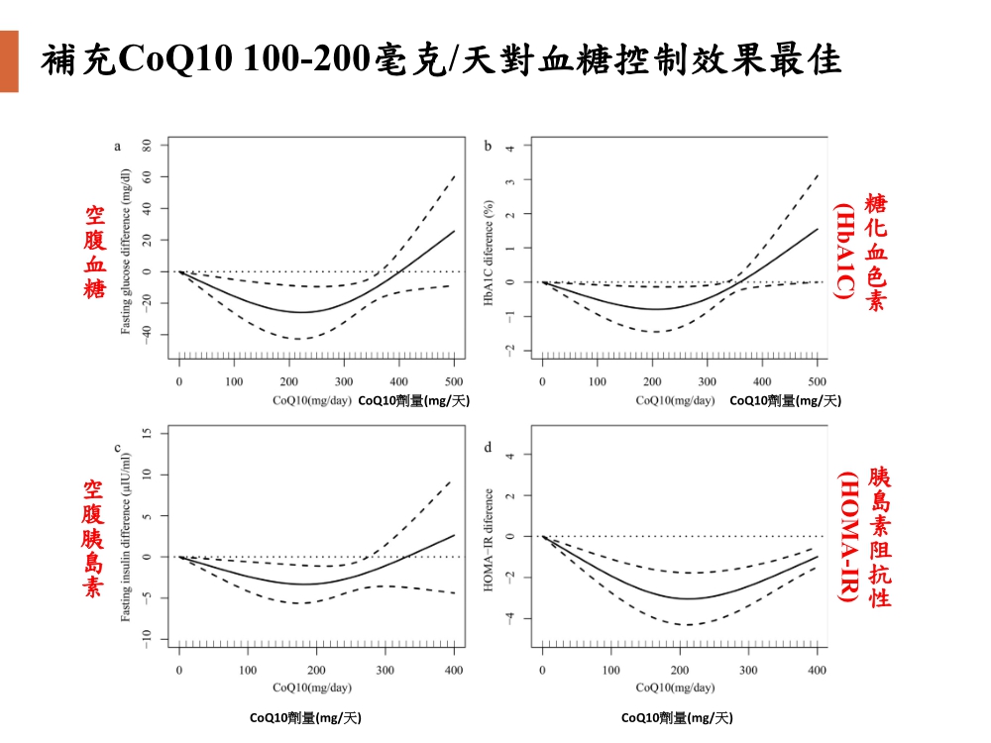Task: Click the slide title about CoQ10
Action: click(441, 61)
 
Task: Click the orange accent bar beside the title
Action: click(9, 61)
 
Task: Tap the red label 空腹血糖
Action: click(95, 252)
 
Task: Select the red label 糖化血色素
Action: click(876, 253)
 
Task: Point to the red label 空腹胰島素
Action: click(93, 538)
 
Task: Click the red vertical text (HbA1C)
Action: click(844, 253)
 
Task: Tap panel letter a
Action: click(118, 147)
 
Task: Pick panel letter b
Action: click(488, 147)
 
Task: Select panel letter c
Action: click(118, 448)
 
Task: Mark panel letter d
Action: click(488, 448)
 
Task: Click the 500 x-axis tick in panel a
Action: click(454, 380)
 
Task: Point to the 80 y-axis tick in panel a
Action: click(147, 145)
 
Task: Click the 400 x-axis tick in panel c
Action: click(454, 670)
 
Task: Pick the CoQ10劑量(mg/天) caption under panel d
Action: click(677, 717)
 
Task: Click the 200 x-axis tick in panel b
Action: click(652, 380)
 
